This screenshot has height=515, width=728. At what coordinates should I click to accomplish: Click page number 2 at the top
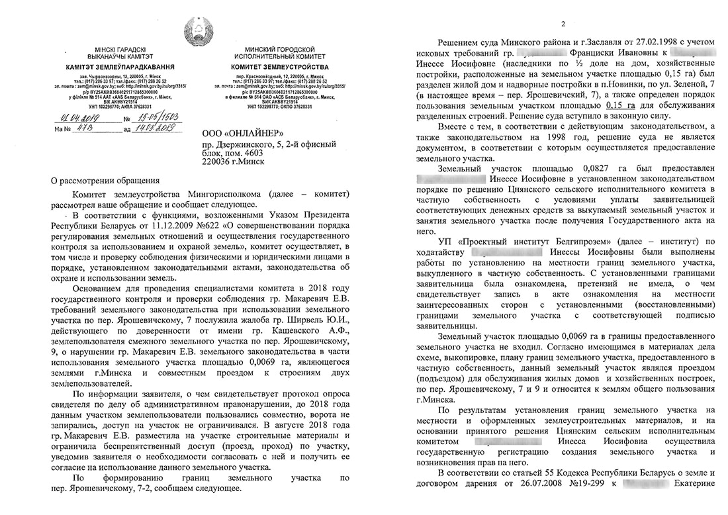(x=562, y=24)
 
